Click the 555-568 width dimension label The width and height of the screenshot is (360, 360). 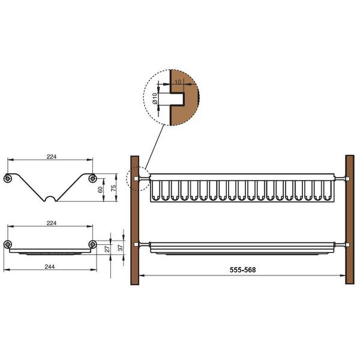coord(242,270)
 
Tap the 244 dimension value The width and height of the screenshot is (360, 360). coord(50,266)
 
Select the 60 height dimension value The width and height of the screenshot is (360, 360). coord(100,190)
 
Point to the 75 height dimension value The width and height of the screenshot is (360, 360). coord(113,188)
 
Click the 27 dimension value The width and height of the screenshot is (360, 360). coord(107,248)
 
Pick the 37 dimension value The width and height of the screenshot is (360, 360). coord(121,247)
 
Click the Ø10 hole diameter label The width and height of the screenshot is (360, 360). coord(155,98)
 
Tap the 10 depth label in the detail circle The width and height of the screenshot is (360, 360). coord(178,82)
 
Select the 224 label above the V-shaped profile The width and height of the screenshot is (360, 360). coord(52,157)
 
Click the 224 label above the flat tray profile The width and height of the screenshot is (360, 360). coord(52,223)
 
